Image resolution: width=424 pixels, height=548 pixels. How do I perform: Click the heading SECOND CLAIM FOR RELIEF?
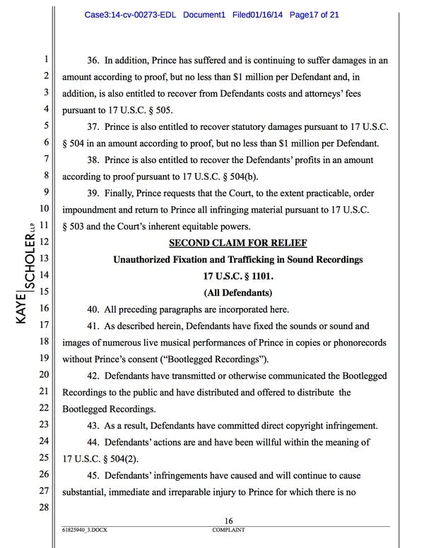pos(238,242)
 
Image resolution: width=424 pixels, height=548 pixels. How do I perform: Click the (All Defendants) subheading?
pos(238,292)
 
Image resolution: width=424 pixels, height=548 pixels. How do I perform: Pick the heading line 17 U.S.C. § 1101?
pos(238,275)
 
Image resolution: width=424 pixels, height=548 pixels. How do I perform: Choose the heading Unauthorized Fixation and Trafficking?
pos(238,259)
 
